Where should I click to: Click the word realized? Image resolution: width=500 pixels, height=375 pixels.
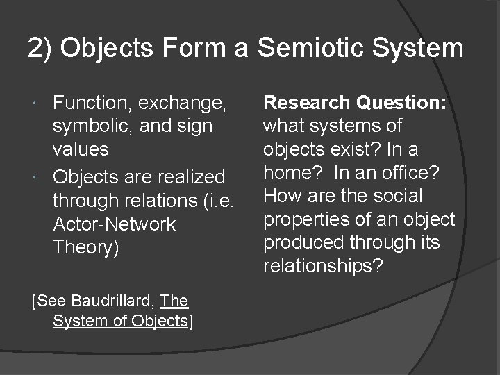pyautogui.click(x=190, y=176)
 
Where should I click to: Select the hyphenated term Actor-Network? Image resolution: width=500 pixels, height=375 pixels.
pyautogui.click(x=115, y=224)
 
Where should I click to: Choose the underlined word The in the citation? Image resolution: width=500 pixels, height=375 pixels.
pyautogui.click(x=174, y=301)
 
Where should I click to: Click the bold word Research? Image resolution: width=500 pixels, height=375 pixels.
pyautogui.click(x=307, y=103)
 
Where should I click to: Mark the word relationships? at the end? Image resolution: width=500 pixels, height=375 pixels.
pyautogui.click(x=323, y=267)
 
